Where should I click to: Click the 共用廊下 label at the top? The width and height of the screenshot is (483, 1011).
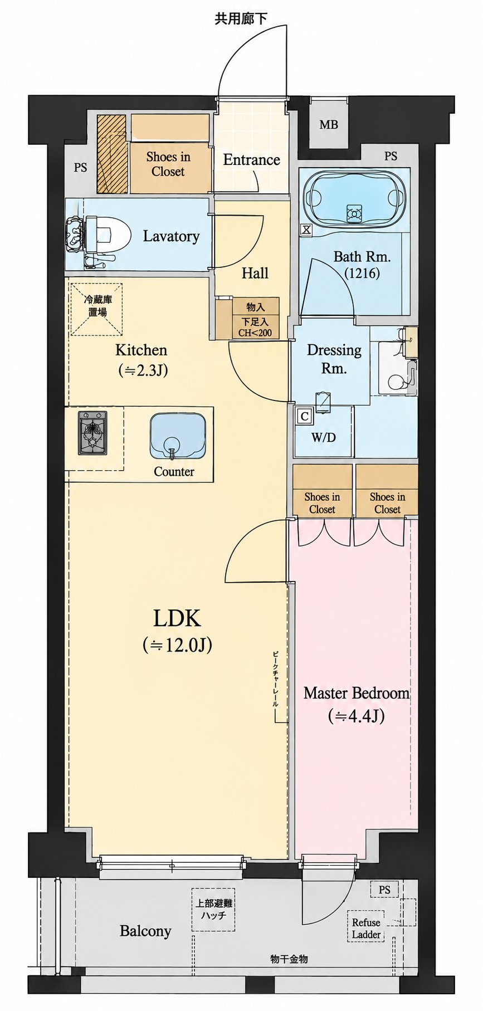coord(241,19)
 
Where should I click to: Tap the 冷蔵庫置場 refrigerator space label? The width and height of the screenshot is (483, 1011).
coord(97,306)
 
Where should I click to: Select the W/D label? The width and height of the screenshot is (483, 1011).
coord(324,437)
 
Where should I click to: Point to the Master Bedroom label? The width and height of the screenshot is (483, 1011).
coord(357,693)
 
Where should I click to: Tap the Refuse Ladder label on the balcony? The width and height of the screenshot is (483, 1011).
coord(366,929)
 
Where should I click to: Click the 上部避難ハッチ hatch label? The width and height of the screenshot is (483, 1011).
coord(213,910)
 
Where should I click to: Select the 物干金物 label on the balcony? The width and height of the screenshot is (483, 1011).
coord(289,959)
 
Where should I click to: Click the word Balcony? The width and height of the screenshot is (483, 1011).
coord(145,931)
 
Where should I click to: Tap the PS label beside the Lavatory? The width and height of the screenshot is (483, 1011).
coord(80,167)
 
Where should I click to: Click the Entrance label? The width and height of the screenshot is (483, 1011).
coord(251,160)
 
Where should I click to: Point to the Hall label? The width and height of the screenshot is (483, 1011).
coord(255,273)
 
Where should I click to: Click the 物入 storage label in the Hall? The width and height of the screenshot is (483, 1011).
coord(255,307)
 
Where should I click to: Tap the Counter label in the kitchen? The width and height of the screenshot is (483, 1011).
coord(174,472)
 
